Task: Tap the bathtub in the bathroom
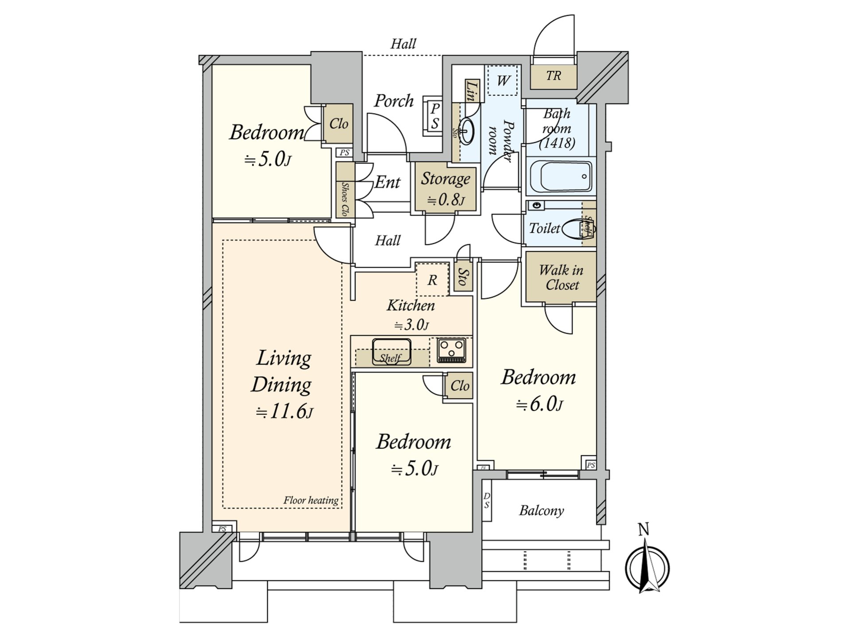pos(561,177)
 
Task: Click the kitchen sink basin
pos(391,351)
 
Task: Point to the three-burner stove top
pos(452,350)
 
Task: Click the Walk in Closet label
pos(561,278)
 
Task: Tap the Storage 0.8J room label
pos(445,188)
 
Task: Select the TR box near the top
pos(554,76)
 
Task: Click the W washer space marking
pos(503,81)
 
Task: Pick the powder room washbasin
pos(467,131)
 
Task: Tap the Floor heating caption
pos(311,501)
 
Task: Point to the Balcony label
pos(541,511)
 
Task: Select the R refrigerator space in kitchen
pos(432,280)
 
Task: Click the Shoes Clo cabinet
pos(344,191)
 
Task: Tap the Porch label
pos(393,101)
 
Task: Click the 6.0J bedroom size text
pos(539,404)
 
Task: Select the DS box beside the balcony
pos(487,501)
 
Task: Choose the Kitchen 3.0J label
pos(411,315)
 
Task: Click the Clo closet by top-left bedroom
pos(339,124)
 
